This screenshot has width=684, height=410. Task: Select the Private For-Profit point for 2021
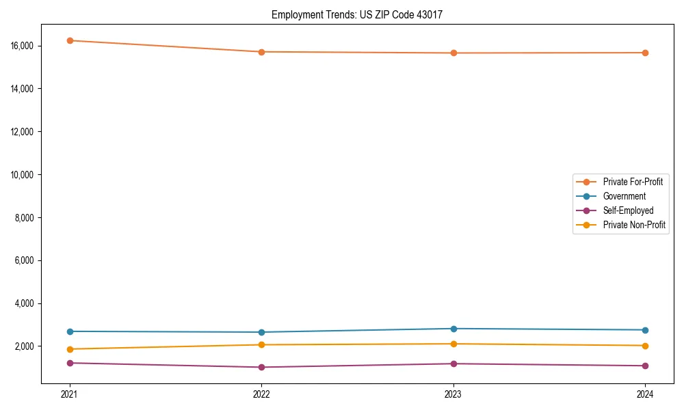(70, 40)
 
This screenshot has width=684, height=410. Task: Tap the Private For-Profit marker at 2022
(261, 52)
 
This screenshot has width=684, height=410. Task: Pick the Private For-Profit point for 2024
(645, 53)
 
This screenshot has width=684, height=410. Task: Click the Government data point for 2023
(453, 329)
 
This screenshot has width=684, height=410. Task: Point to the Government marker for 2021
(70, 331)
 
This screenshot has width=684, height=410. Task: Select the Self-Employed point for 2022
(261, 367)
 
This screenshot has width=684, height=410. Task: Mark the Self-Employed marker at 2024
(645, 366)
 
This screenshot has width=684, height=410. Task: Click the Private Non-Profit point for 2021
(70, 349)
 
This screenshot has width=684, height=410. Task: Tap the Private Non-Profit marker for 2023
(453, 344)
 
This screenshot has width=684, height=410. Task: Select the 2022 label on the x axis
(261, 394)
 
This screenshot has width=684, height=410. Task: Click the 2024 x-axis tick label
(645, 394)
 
